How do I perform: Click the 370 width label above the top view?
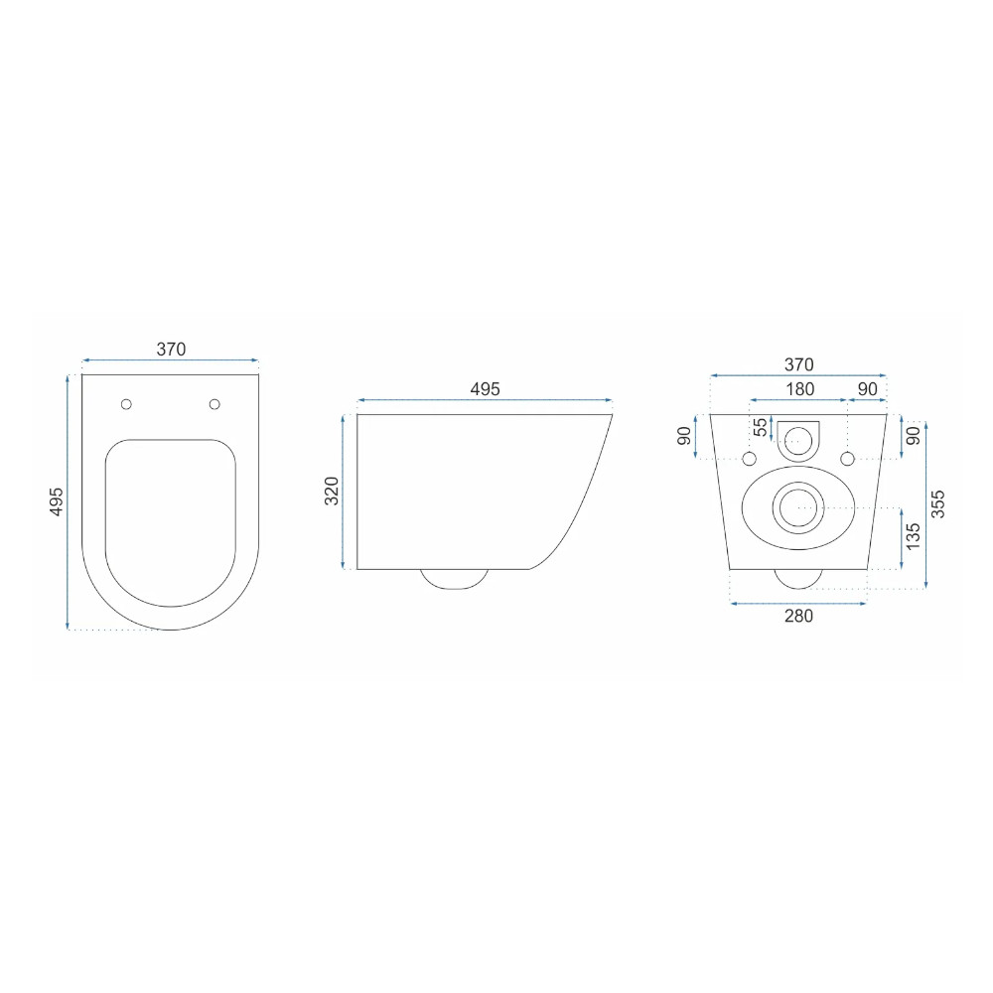tap(171, 349)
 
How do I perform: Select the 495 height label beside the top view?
tap(57, 501)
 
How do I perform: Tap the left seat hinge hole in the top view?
tap(127, 404)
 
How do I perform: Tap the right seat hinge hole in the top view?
tap(214, 404)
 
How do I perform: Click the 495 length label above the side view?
tap(486, 389)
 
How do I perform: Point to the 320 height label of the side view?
tap(332, 491)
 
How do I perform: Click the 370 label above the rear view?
tap(798, 364)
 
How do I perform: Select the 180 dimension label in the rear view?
tap(799, 389)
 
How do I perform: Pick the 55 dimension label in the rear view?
tap(761, 427)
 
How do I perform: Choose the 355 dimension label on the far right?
tap(938, 504)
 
